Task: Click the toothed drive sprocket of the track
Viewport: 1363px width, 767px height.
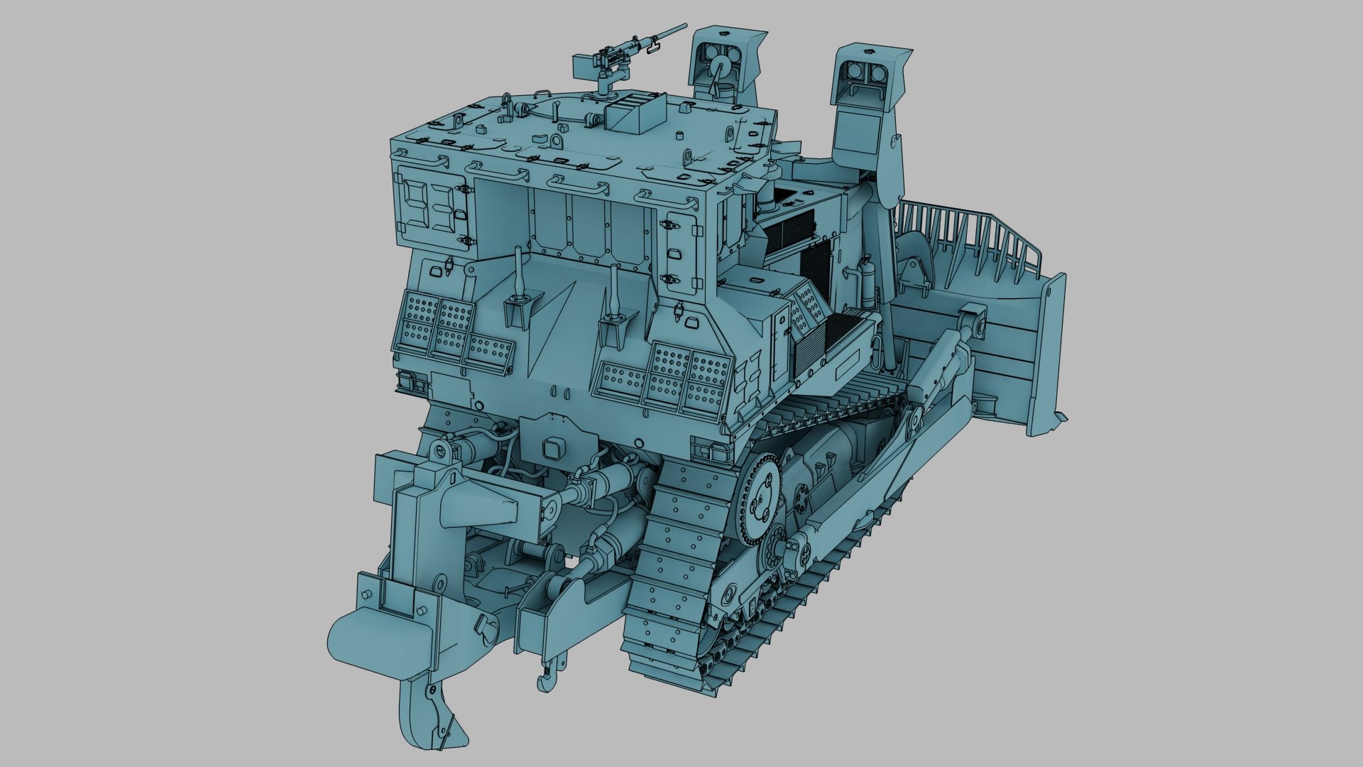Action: pos(759,497)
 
